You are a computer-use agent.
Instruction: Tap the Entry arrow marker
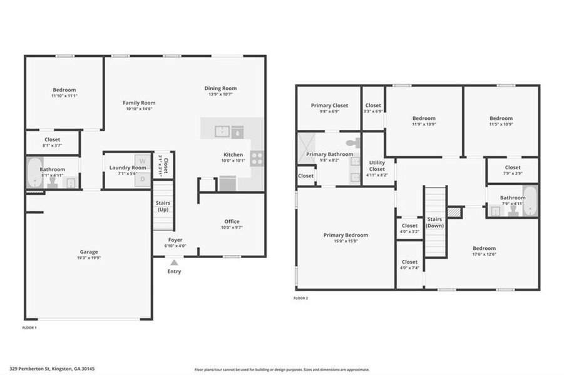click(x=174, y=262)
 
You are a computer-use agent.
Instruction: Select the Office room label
click(x=232, y=221)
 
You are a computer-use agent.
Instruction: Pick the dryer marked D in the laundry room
click(x=142, y=179)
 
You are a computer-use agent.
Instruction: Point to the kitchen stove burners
click(x=257, y=159)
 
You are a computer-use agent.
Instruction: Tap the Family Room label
click(x=139, y=102)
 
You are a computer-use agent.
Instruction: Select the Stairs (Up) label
click(x=162, y=206)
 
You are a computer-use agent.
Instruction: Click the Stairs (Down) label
click(x=434, y=222)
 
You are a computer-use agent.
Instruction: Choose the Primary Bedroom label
click(x=346, y=235)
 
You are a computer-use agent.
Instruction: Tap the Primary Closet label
click(x=329, y=106)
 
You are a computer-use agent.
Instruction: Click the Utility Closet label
click(x=377, y=166)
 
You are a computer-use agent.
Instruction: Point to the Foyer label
click(x=175, y=239)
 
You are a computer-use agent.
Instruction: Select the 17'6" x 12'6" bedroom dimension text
click(x=484, y=254)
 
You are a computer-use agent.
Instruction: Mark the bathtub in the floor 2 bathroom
click(x=530, y=201)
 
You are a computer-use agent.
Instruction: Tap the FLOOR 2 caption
click(x=301, y=298)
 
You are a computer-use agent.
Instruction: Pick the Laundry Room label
click(x=128, y=167)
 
